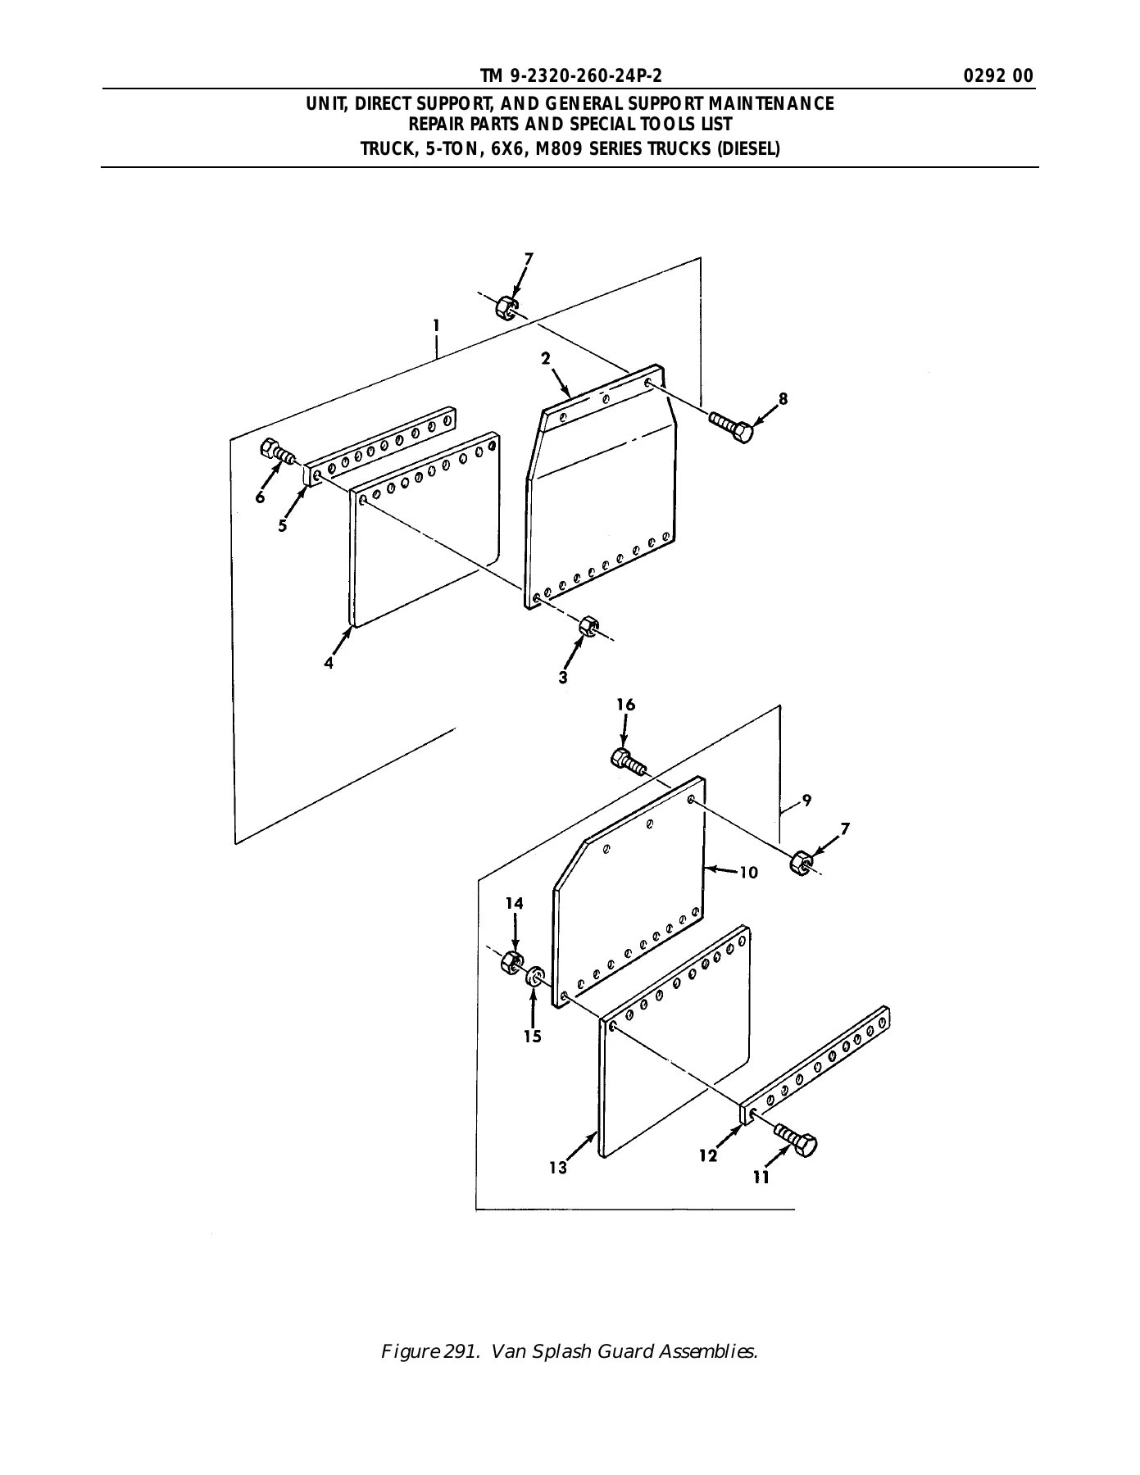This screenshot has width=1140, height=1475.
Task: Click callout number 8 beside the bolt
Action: pos(783,399)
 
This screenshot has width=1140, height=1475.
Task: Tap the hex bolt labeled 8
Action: pos(731,428)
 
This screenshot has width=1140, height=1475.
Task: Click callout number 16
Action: pos(626,705)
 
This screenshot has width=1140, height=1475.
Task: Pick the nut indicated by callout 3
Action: pos(588,627)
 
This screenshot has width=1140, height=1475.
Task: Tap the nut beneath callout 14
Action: pos(511,961)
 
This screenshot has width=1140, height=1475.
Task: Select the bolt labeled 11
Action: pos(793,1140)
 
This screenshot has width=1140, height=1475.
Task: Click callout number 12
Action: pos(708,1155)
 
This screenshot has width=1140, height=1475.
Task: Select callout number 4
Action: pos(329,663)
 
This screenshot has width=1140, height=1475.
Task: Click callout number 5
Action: pos(283,526)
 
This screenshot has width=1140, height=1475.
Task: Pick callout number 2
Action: pos(545,357)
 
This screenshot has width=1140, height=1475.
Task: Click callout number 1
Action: pos(437,326)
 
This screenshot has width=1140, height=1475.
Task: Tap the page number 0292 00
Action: pos(999,76)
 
